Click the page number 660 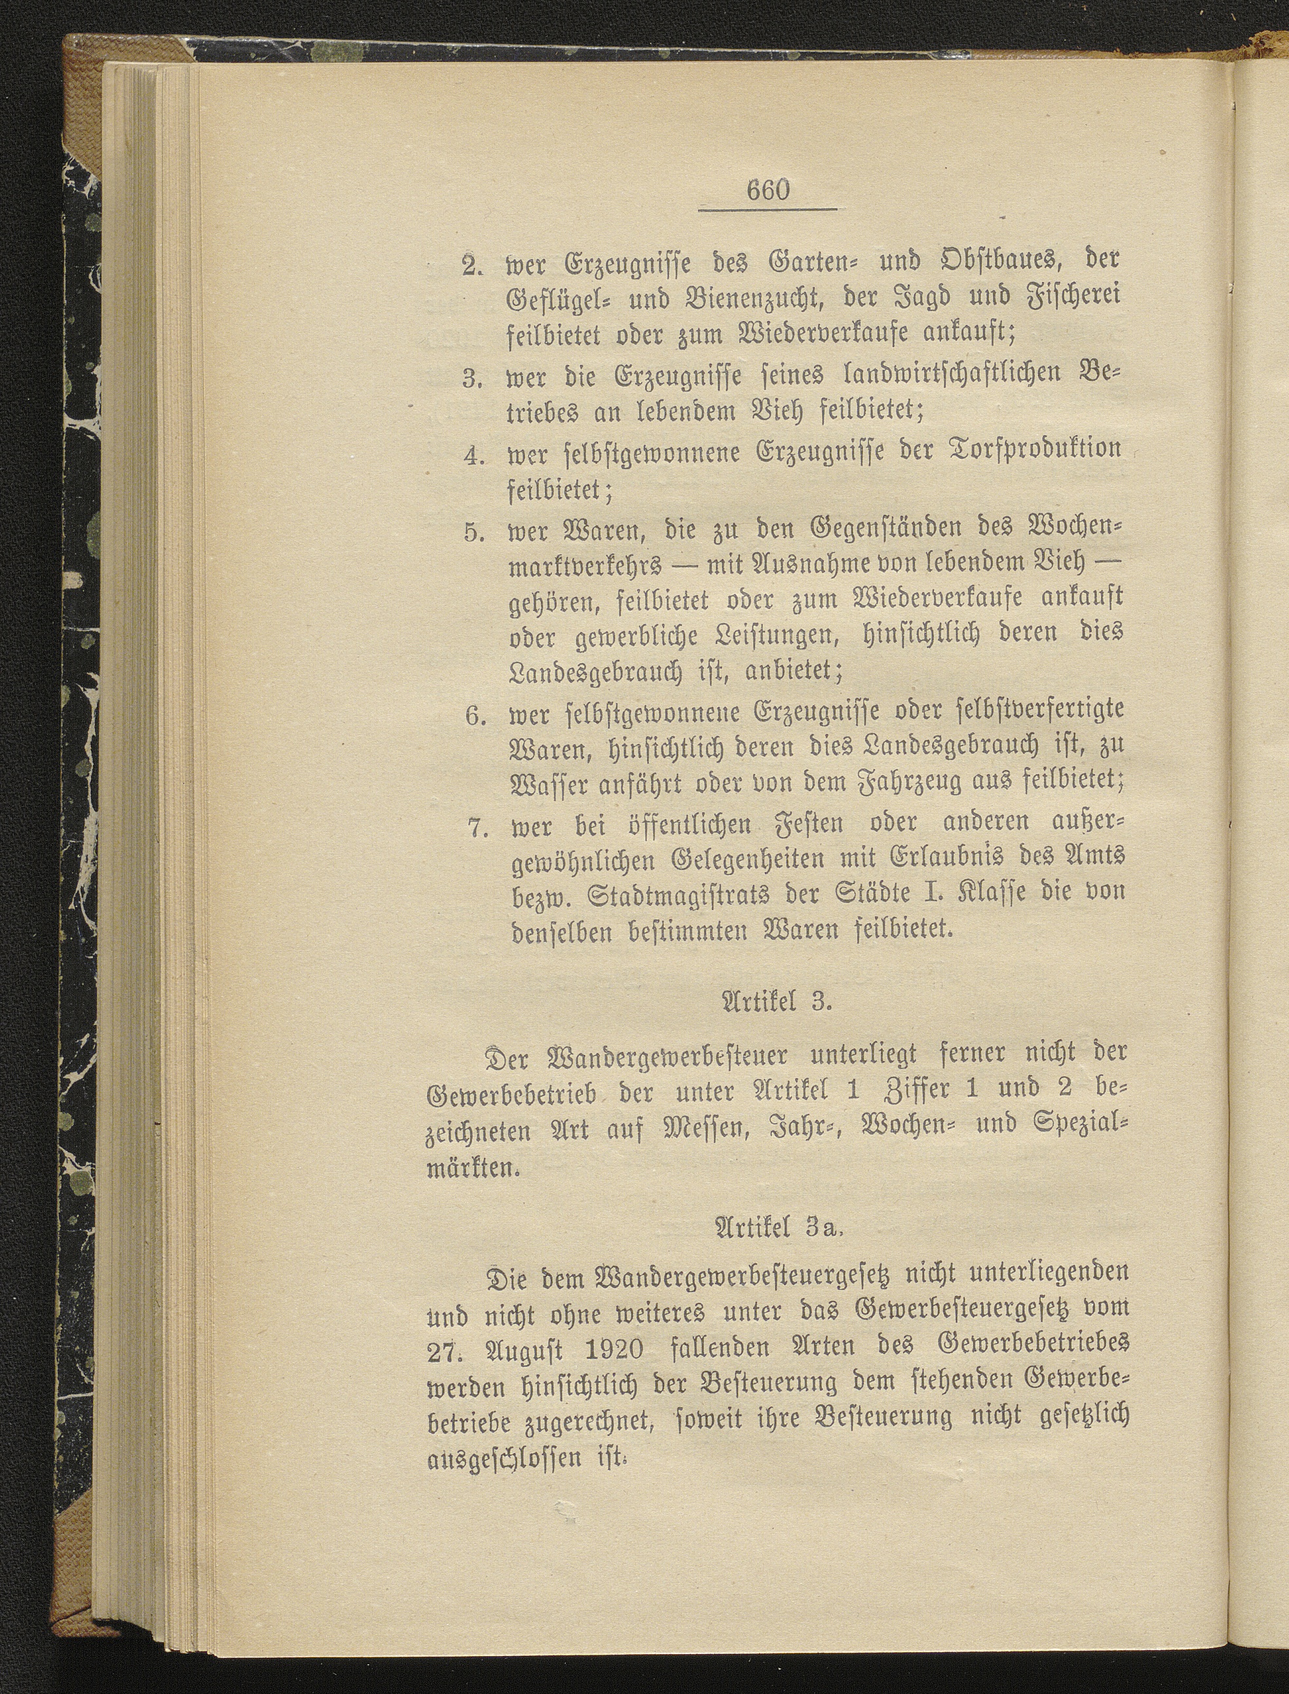pos(767,190)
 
